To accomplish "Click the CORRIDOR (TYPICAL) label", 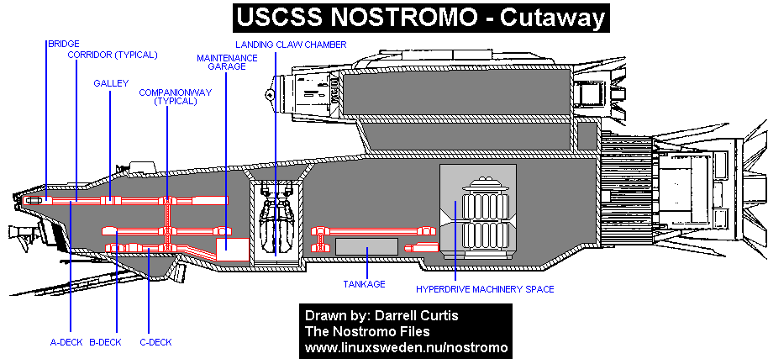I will [113, 55].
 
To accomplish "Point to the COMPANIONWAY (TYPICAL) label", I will [168, 96].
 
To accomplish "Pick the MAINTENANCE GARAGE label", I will [221, 61].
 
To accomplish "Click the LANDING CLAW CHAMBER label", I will [291, 44].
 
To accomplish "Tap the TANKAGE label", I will [364, 283].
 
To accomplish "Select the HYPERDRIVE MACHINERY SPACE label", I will [485, 289].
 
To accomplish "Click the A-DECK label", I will [65, 341].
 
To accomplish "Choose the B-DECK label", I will [106, 341].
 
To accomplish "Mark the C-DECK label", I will [155, 341].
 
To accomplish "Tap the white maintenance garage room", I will [233, 248].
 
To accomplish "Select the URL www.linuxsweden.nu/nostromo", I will [407, 346].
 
